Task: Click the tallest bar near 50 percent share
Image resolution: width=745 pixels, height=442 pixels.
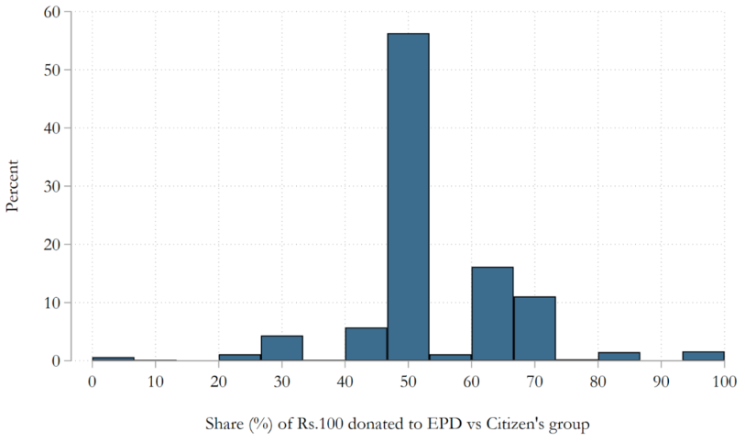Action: pos(408,197)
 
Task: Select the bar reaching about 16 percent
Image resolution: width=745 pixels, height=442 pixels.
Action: pos(492,314)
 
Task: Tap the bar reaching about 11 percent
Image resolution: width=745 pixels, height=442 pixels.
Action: pos(534,328)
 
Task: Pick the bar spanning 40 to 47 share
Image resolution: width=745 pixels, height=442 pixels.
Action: pos(366,344)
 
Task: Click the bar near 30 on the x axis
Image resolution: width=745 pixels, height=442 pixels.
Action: pos(281,348)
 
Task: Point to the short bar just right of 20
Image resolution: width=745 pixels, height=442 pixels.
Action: pos(239,358)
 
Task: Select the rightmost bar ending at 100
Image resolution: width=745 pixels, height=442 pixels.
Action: pos(703,357)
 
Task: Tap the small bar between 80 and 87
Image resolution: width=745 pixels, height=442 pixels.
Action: pos(619,357)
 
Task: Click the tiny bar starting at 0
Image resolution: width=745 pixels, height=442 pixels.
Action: pos(113,359)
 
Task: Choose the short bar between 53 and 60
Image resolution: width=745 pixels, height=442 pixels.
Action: pos(450,358)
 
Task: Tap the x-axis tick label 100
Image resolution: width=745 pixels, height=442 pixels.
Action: pos(724,381)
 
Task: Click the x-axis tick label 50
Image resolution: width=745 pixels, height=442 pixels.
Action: pos(408,381)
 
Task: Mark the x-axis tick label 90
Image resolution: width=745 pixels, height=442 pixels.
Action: pos(661,381)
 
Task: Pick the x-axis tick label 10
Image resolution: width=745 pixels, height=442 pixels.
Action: pos(155,381)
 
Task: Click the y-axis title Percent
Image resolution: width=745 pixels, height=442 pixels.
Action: pos(13,186)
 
